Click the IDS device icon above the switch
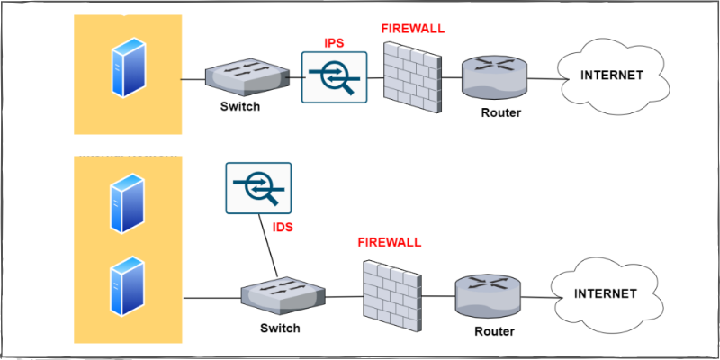click(x=258, y=188)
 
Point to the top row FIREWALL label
click(x=413, y=29)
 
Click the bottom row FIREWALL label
click(x=390, y=242)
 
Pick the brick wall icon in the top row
click(x=412, y=78)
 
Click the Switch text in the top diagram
click(x=240, y=106)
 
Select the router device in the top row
click(x=493, y=78)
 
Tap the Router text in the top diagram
click(x=500, y=112)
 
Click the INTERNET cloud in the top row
click(x=613, y=76)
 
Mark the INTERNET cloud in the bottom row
click(x=605, y=293)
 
